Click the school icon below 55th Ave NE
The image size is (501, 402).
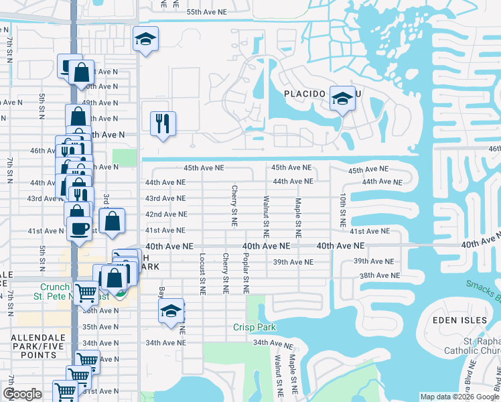pos(145,40)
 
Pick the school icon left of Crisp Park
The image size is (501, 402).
pos(171,311)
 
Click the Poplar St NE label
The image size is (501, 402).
pos(246,275)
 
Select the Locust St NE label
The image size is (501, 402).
pos(202,274)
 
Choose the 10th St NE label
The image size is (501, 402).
pos(342,209)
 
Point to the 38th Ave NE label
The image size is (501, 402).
pos(379,275)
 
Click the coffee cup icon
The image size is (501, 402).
pos(79,228)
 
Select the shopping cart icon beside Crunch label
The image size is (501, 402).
pos(86,293)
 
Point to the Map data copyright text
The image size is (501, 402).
pos(459,397)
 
